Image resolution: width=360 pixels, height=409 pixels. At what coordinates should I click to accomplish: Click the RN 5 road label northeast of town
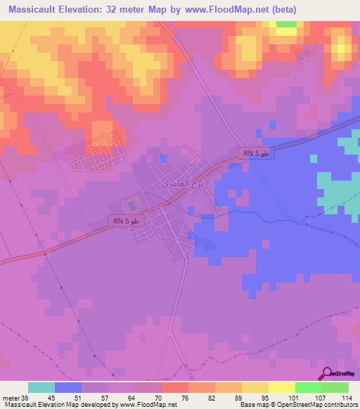(255, 152)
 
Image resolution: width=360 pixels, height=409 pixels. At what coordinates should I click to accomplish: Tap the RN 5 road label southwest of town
(127, 221)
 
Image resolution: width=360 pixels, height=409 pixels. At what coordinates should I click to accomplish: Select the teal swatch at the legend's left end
(41, 387)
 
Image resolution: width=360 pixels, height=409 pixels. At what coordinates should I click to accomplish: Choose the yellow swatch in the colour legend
(281, 387)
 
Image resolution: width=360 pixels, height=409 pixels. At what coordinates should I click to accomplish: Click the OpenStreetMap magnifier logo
(326, 374)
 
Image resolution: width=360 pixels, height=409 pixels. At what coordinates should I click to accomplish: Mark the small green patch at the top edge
(286, 25)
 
